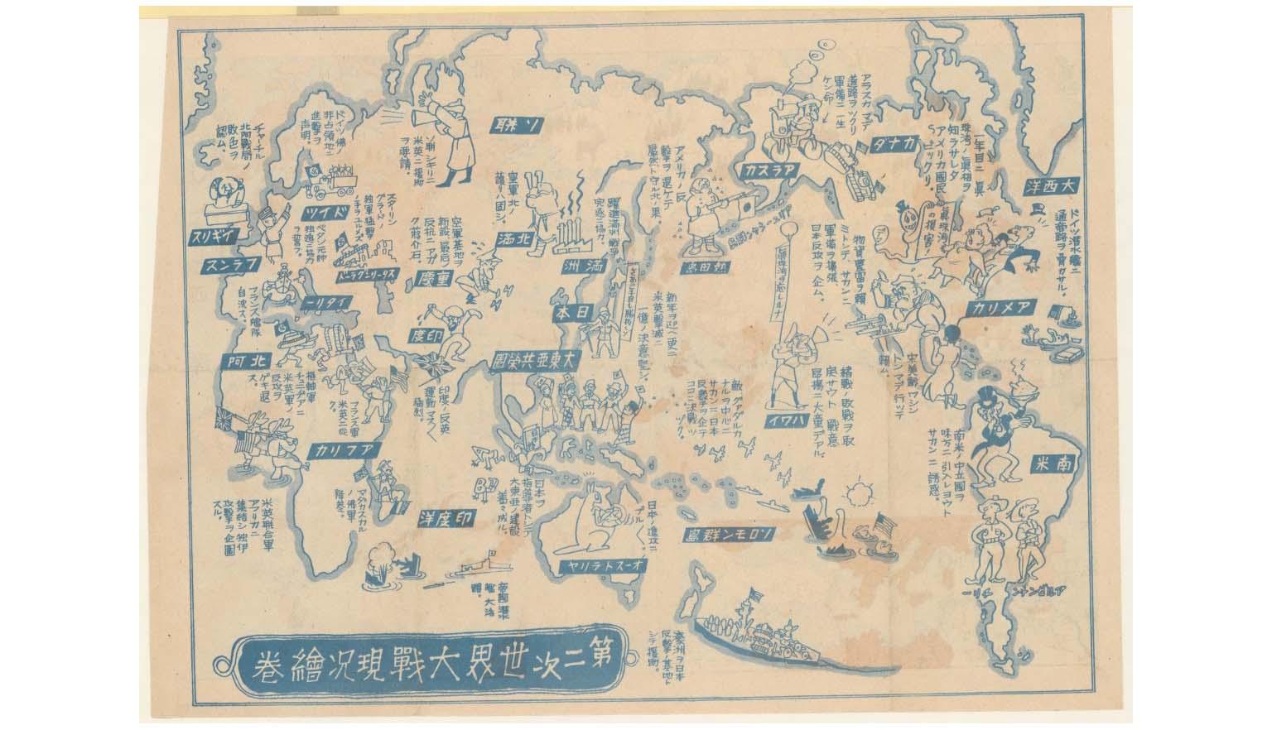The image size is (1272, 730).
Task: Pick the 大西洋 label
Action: (1052, 187)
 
